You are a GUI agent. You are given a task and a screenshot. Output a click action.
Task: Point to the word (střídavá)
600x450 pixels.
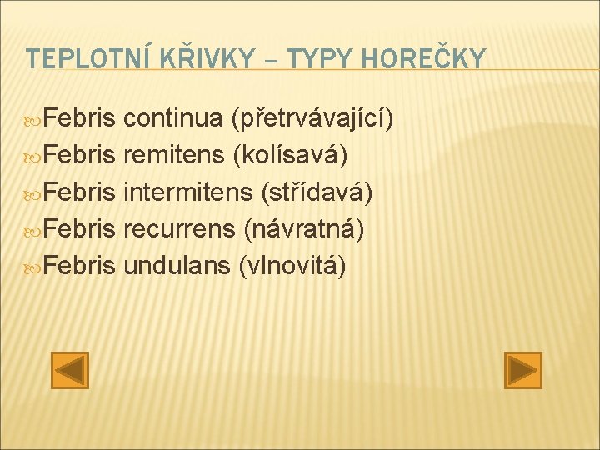(317, 192)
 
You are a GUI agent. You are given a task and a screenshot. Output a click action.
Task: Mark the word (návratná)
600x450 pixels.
(304, 228)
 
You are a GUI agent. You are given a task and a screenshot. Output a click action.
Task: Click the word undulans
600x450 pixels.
(177, 265)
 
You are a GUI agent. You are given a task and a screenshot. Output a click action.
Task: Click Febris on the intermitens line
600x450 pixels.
(79, 192)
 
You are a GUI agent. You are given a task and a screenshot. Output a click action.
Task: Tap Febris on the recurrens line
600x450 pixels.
(79, 228)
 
